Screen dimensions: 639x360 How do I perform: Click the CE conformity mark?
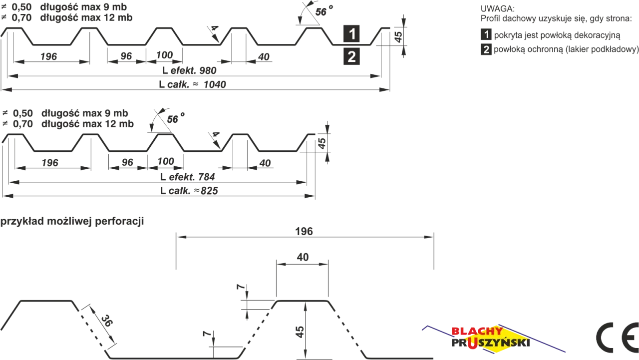[617, 338]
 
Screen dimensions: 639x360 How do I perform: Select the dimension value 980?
[208, 70]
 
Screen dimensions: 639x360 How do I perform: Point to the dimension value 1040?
[215, 84]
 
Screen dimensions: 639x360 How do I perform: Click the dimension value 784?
[206, 177]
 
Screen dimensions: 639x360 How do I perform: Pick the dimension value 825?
[209, 191]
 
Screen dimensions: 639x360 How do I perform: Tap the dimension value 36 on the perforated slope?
[107, 321]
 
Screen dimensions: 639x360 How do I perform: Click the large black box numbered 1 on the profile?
[351, 33]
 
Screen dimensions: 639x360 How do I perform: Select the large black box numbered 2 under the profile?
[351, 56]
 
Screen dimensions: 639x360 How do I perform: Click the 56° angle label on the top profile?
[324, 11]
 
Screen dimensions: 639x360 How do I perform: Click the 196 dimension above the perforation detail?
[304, 231]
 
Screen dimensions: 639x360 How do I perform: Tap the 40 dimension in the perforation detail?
[303, 257]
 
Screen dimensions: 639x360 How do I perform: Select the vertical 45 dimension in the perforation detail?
[300, 332]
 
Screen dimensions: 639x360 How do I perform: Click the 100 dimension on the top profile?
[164, 55]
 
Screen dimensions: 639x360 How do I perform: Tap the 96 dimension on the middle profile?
[127, 162]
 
